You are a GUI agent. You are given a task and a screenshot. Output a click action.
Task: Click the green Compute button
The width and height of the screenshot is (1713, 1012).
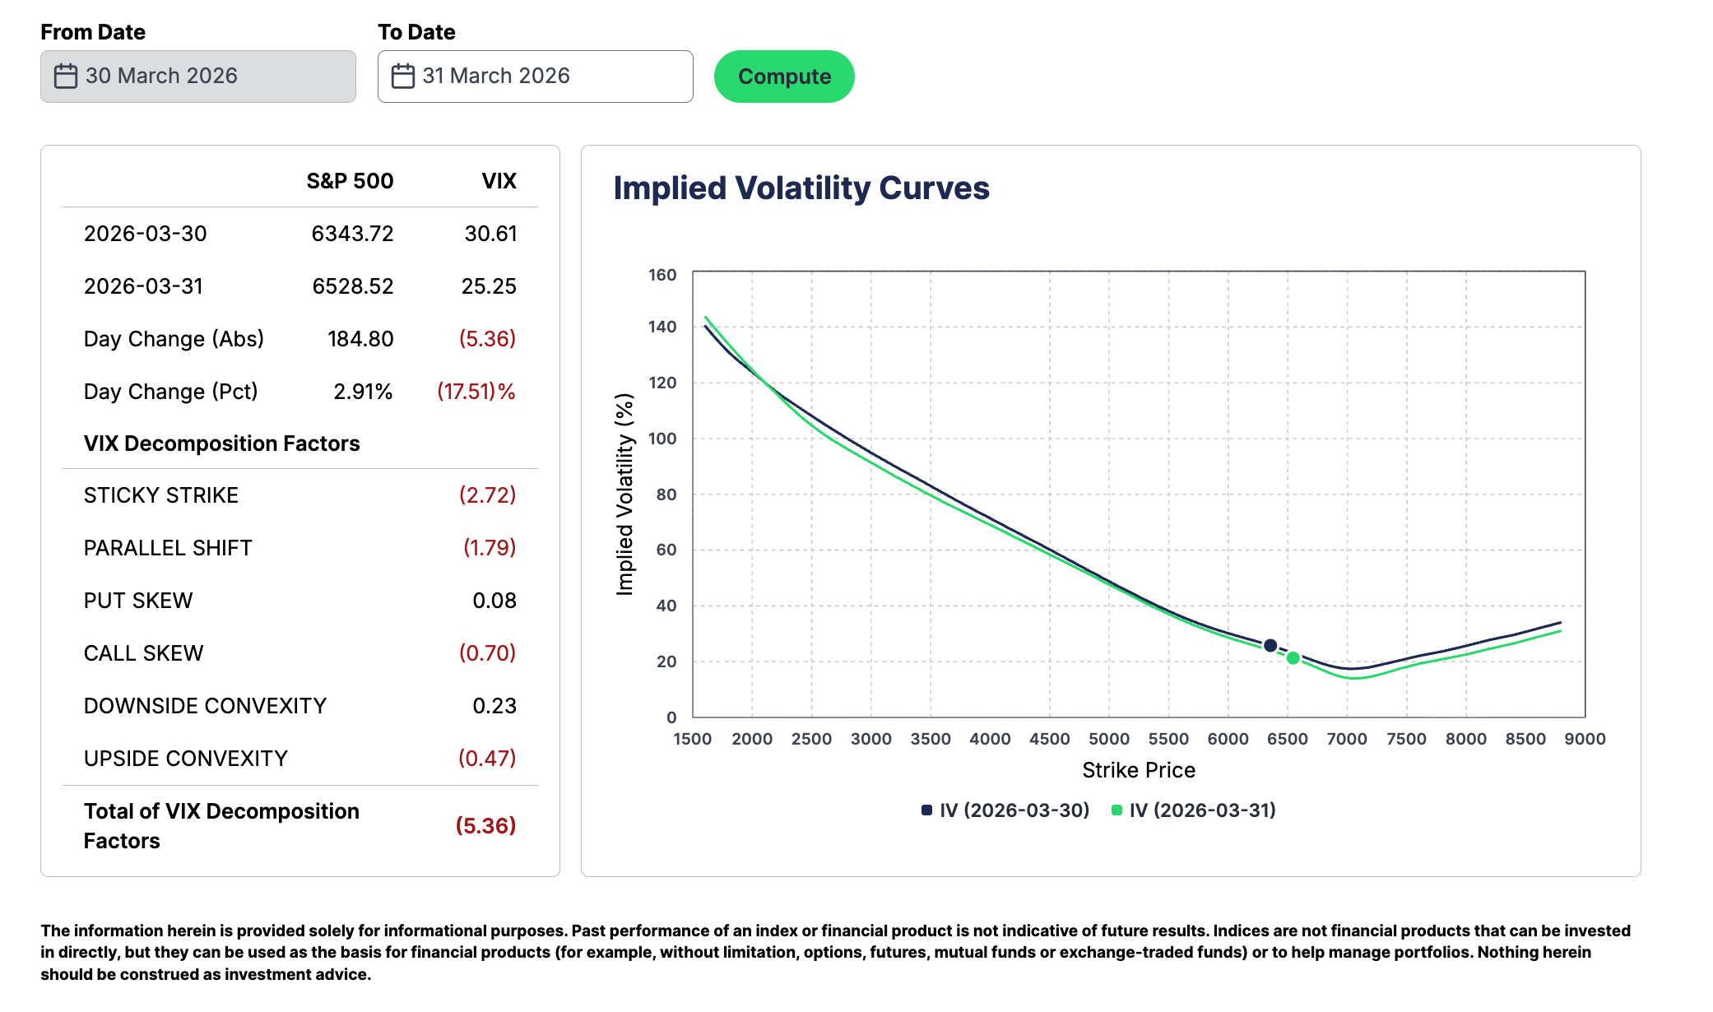[784, 77]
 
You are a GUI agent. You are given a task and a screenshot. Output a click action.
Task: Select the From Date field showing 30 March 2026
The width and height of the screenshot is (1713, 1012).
[197, 77]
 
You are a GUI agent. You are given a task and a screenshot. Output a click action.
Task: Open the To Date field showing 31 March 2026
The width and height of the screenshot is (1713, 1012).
[535, 77]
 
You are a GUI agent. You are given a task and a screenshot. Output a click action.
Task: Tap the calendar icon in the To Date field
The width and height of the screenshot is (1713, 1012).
[402, 77]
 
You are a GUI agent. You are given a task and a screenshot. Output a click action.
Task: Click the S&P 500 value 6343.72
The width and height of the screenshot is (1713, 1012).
[352, 234]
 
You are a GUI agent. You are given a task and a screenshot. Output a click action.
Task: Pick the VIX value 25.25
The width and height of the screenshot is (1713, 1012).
[489, 286]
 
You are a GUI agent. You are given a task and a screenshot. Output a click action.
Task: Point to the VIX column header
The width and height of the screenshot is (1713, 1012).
[499, 181]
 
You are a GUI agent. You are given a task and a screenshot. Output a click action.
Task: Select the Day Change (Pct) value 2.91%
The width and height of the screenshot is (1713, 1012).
[363, 392]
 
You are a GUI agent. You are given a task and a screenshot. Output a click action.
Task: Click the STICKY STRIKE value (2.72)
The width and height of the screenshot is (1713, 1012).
[487, 495]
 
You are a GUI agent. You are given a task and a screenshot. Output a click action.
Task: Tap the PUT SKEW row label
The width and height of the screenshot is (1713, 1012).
[138, 601]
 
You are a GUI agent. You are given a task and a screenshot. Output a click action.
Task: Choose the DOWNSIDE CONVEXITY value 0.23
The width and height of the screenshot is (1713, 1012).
[494, 706]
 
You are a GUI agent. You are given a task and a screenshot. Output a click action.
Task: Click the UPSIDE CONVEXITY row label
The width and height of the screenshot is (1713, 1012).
[186, 759]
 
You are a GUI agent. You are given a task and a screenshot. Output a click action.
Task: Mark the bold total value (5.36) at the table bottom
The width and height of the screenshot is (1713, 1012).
[485, 826]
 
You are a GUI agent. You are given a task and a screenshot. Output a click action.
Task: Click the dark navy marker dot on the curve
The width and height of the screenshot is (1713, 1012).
[1270, 646]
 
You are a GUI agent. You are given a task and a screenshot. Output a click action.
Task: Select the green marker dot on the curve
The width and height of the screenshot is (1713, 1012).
[1293, 658]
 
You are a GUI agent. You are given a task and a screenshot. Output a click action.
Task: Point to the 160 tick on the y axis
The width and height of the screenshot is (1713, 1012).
[662, 275]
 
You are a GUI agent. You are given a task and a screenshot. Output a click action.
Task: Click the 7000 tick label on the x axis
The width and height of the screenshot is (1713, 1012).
[1347, 739]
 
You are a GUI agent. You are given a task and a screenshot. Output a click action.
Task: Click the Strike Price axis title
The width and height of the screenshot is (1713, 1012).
[1139, 770]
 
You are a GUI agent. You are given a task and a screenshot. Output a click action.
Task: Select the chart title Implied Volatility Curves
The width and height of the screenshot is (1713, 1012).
[801, 188]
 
